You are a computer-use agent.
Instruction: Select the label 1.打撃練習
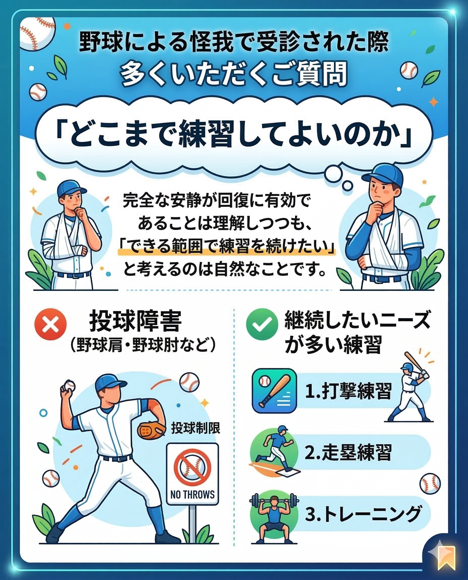pyautogui.click(x=348, y=391)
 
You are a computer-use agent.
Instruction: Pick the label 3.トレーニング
pyautogui.click(x=363, y=514)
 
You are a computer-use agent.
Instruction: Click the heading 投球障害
pyautogui.click(x=135, y=322)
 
